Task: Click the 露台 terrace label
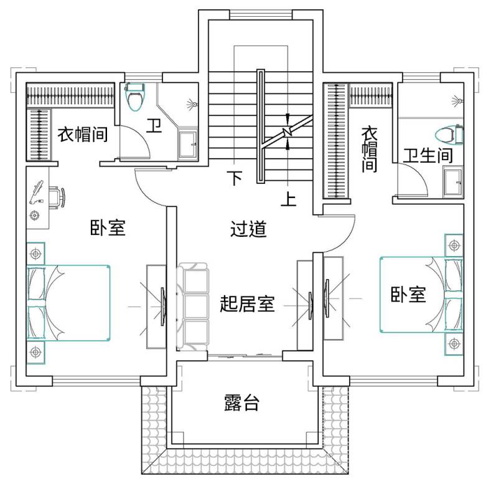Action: (x=241, y=403)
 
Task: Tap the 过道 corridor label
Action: (x=248, y=229)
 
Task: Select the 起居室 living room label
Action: (x=247, y=303)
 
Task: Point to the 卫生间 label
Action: (x=428, y=156)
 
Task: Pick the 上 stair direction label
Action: (x=288, y=199)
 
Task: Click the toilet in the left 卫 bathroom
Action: (x=135, y=97)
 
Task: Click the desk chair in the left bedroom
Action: (x=57, y=198)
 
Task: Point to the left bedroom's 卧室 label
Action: (x=108, y=227)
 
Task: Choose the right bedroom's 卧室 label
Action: (x=408, y=294)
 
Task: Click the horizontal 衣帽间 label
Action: (x=83, y=135)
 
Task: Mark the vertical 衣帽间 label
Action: (x=370, y=150)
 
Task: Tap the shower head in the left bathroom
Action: (x=192, y=104)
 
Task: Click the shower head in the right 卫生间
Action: (x=458, y=101)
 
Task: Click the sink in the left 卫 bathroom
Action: (x=188, y=145)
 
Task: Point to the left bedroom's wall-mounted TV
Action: (x=163, y=307)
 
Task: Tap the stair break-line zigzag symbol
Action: (x=287, y=131)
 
